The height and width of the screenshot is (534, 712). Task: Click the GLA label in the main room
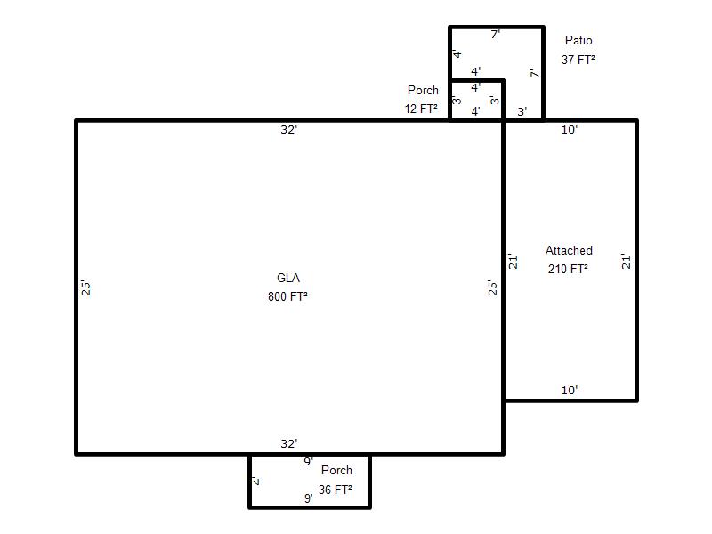tap(287, 278)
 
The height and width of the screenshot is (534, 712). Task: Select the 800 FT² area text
tap(287, 296)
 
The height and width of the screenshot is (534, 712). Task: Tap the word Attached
tap(569, 250)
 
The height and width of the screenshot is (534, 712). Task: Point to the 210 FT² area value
tap(568, 269)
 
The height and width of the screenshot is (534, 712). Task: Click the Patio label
tap(578, 40)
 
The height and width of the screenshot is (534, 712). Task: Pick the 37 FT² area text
tap(578, 60)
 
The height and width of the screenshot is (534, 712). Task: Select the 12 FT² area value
tap(421, 109)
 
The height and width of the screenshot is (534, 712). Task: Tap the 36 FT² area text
tap(336, 489)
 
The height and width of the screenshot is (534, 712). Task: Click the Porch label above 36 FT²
tap(336, 471)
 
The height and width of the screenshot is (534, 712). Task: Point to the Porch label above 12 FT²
tap(423, 90)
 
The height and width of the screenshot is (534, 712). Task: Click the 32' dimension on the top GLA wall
tap(288, 129)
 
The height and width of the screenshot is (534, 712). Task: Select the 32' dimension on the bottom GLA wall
tap(288, 443)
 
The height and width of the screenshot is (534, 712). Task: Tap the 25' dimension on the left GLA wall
tap(85, 288)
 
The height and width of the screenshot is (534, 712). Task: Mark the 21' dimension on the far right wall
tap(627, 262)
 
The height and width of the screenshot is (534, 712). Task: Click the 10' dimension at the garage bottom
tap(570, 390)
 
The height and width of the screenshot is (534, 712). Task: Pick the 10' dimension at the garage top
tap(570, 129)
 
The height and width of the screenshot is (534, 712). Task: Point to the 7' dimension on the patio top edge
tap(496, 34)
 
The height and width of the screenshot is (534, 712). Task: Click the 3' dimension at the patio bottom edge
tap(522, 111)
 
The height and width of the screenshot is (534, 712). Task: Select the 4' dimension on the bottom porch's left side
tap(256, 481)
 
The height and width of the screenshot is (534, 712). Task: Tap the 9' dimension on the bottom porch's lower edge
tap(308, 498)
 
